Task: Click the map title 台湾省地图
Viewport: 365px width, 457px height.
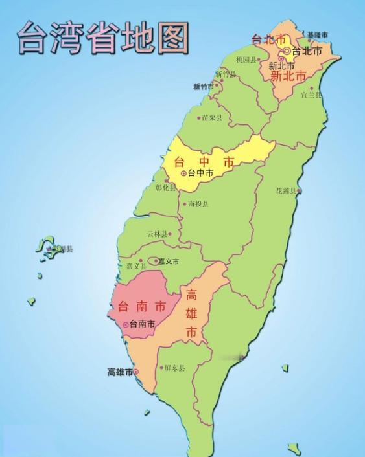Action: (102, 37)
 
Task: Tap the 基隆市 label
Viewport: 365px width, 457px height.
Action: (318, 34)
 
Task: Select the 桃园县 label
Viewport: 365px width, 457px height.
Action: (247, 60)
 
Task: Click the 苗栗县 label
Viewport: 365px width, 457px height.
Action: (212, 118)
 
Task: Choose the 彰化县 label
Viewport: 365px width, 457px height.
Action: (166, 188)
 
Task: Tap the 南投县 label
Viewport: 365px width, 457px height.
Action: (198, 204)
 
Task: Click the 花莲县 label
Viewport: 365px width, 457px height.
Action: (285, 191)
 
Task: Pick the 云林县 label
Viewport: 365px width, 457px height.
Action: (157, 234)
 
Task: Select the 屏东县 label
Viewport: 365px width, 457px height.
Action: (174, 368)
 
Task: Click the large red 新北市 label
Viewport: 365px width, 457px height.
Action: (288, 76)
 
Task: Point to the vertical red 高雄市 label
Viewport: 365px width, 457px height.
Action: (192, 314)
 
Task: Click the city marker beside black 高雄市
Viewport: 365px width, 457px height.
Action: (136, 372)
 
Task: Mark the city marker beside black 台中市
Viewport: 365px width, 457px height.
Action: (183, 173)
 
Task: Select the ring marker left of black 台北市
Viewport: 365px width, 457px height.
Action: (287, 50)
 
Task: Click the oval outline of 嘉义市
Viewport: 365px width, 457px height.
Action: (154, 261)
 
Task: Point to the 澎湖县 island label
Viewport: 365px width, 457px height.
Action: (62, 249)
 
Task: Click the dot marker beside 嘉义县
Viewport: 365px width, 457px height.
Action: (140, 261)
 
